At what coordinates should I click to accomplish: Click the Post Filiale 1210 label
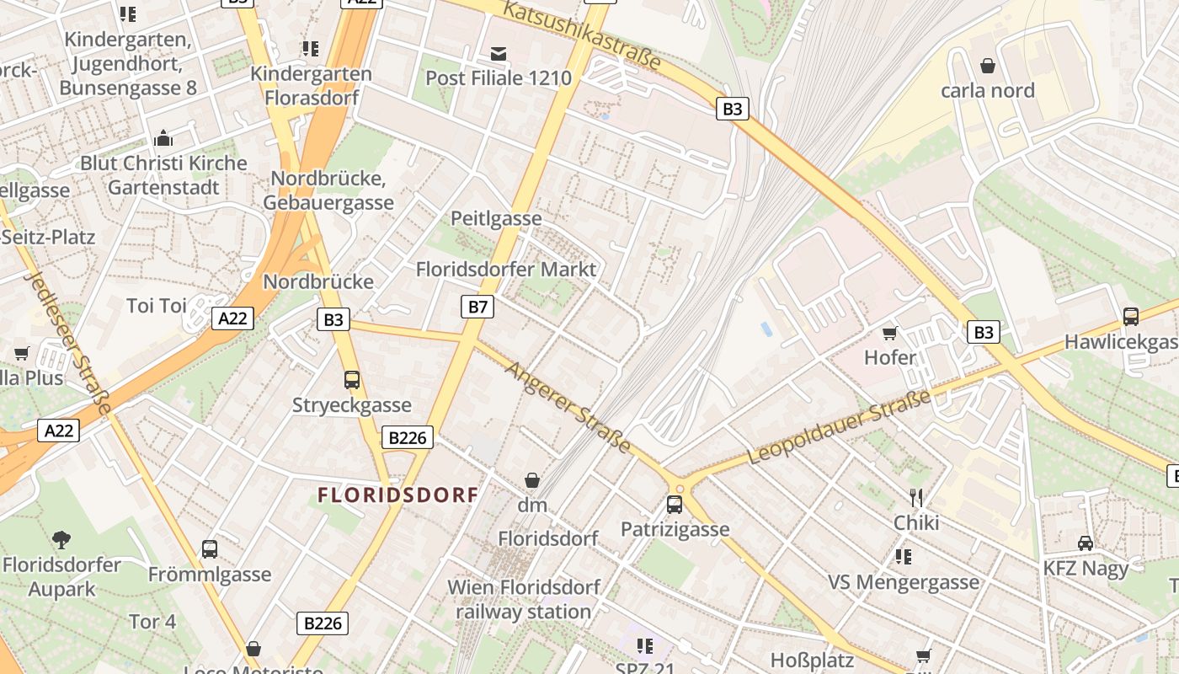pyautogui.click(x=499, y=78)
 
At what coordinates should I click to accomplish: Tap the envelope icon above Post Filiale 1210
pyautogui.click(x=499, y=55)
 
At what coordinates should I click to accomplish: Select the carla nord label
pyautogui.click(x=987, y=90)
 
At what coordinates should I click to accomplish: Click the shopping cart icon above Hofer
pyautogui.click(x=889, y=334)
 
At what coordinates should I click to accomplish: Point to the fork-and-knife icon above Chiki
pyautogui.click(x=916, y=498)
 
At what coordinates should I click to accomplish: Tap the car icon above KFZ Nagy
pyautogui.click(x=1086, y=543)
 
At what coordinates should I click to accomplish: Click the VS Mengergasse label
pyautogui.click(x=904, y=582)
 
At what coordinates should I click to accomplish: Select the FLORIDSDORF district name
pyautogui.click(x=398, y=495)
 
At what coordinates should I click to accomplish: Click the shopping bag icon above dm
pyautogui.click(x=532, y=481)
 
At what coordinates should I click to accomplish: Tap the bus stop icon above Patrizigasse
pyautogui.click(x=675, y=505)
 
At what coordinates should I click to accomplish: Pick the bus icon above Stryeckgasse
pyautogui.click(x=352, y=380)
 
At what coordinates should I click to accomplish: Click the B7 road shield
pyautogui.click(x=477, y=307)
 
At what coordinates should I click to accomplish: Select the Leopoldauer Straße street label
pyautogui.click(x=840, y=427)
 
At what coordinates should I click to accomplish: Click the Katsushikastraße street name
pyautogui.click(x=582, y=35)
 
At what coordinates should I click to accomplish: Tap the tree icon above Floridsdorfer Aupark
pyautogui.click(x=61, y=540)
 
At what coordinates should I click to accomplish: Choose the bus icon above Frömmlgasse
pyautogui.click(x=210, y=549)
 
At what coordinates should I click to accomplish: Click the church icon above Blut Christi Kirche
pyautogui.click(x=163, y=138)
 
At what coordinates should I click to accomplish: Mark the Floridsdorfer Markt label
pyautogui.click(x=506, y=270)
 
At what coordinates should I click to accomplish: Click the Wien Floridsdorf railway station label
pyautogui.click(x=524, y=599)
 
